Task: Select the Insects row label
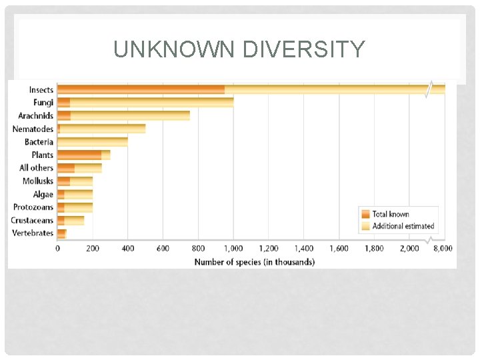[41, 89]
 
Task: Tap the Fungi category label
[43, 103]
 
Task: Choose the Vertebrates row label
[34, 233]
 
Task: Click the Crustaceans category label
[33, 220]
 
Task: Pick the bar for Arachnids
[123, 115]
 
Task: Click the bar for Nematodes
[101, 129]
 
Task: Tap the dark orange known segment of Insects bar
[141, 89]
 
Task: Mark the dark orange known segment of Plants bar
[79, 155]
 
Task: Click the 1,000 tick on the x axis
[233, 249]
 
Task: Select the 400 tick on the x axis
[127, 249]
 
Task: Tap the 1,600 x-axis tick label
[339, 249]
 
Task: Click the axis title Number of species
[254, 262]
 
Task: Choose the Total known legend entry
[390, 214]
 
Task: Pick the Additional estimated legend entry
[403, 226]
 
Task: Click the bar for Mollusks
[75, 181]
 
